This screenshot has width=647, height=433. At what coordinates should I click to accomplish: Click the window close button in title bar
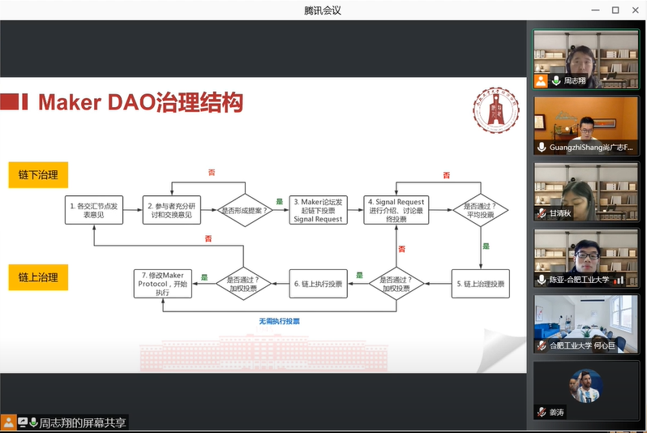pyautogui.click(x=635, y=10)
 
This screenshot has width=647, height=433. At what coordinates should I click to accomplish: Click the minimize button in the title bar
pyautogui.click(x=593, y=10)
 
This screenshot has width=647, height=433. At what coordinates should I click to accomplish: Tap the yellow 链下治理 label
pyautogui.click(x=38, y=176)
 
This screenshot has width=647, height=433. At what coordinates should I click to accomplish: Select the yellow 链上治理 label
pyautogui.click(x=38, y=277)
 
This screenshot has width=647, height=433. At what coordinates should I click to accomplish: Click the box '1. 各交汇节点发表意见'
pyautogui.click(x=95, y=211)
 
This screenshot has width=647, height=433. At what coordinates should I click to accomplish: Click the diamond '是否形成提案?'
pyautogui.click(x=245, y=211)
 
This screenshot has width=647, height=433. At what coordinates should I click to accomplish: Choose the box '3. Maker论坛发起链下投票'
pyautogui.click(x=318, y=211)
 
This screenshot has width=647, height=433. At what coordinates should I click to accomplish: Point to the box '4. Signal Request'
pyautogui.click(x=397, y=211)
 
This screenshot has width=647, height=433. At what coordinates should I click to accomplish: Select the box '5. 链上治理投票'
pyautogui.click(x=480, y=284)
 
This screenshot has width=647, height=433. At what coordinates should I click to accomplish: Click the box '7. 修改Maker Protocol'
pyautogui.click(x=163, y=284)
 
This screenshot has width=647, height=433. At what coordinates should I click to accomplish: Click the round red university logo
pyautogui.click(x=493, y=109)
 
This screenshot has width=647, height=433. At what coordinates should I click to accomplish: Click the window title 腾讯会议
pyautogui.click(x=323, y=10)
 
